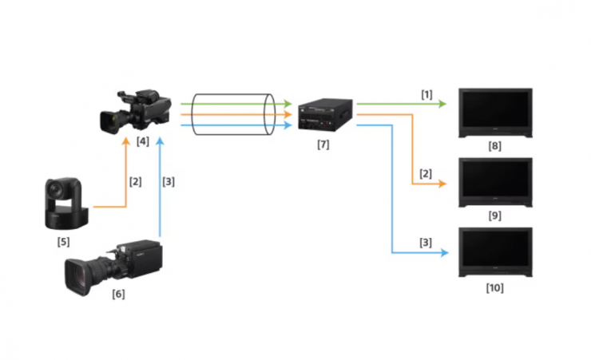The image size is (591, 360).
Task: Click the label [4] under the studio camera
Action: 142,141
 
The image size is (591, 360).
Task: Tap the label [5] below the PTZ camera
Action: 63,242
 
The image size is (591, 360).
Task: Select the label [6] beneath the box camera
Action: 118,294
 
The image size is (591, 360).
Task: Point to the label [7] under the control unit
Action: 323,144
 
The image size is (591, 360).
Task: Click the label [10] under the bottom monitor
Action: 494,288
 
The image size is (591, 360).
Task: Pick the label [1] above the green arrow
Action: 426,94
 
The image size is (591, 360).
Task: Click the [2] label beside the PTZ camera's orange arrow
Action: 135,182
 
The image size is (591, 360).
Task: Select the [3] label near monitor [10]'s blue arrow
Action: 426,243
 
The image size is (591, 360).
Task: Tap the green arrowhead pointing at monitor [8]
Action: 442,104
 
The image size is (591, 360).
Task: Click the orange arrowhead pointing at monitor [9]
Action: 442,184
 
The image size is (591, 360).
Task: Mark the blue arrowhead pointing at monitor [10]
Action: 444,253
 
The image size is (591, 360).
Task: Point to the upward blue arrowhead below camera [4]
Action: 161,141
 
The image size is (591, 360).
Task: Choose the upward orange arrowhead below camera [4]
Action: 126,141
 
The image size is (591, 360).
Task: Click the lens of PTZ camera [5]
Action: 56,189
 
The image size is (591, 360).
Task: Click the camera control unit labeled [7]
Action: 325,114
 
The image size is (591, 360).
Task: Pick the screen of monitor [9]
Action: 495,180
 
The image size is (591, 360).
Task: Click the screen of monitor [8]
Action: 495,109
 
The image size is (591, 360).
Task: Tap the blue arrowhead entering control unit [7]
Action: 288,125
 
